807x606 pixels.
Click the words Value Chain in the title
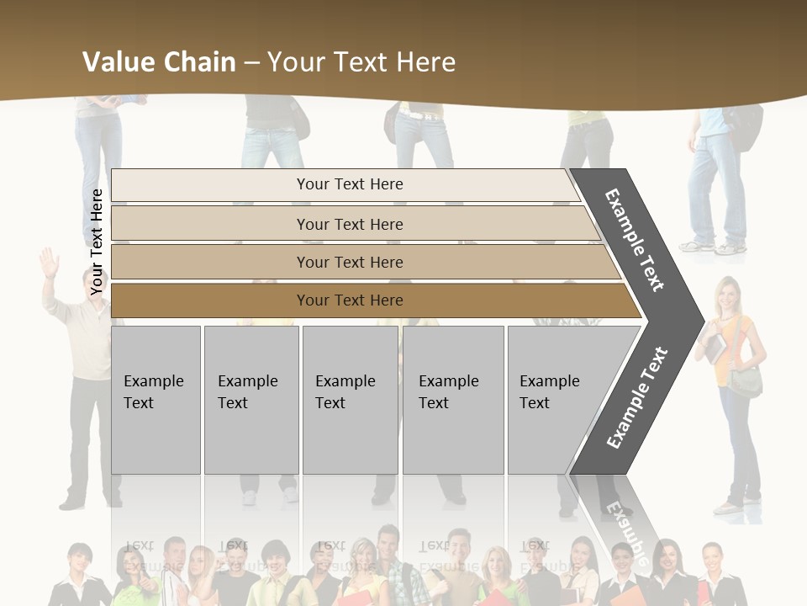click(x=159, y=61)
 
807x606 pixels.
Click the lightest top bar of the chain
click(x=350, y=184)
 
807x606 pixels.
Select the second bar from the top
click(x=350, y=224)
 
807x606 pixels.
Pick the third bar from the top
click(x=350, y=262)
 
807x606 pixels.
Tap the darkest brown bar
click(x=350, y=300)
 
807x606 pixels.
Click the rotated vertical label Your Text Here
click(x=97, y=242)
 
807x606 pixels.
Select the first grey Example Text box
click(x=156, y=400)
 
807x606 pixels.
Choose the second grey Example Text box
click(x=251, y=400)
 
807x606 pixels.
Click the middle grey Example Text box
click(x=350, y=400)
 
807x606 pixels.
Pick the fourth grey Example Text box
click(x=452, y=400)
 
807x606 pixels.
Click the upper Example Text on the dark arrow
click(x=634, y=240)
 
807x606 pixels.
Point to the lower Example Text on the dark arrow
click(x=636, y=397)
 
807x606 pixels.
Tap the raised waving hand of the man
click(x=50, y=263)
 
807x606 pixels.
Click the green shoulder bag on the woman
click(x=745, y=381)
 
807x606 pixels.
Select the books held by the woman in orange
click(x=715, y=347)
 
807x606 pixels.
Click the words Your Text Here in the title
click(x=361, y=61)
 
